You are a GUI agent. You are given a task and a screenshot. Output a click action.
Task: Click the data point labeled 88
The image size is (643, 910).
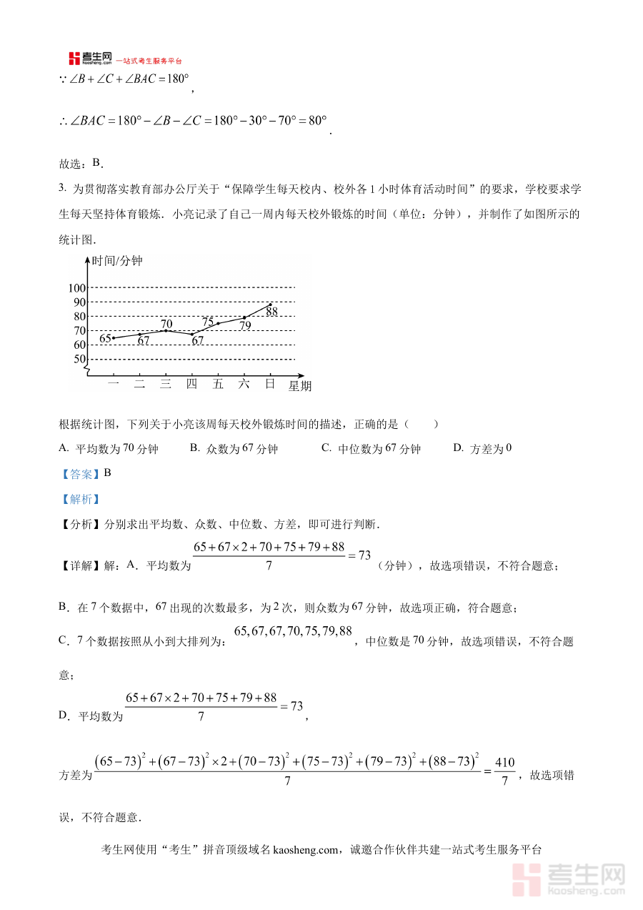coord(270,305)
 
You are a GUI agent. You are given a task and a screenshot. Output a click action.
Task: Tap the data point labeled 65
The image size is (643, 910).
coord(114,337)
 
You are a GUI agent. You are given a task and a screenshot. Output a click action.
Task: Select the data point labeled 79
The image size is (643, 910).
coord(244,317)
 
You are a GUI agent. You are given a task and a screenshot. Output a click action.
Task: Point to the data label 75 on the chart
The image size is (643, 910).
coord(208,322)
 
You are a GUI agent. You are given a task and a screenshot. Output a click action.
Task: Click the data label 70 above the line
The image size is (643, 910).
coord(166,324)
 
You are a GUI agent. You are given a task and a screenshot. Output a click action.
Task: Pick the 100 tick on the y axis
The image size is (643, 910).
coord(76,288)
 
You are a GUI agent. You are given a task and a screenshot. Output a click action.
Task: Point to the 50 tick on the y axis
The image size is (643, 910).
coord(79,359)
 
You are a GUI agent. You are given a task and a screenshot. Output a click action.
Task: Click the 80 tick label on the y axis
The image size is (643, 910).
coord(79,317)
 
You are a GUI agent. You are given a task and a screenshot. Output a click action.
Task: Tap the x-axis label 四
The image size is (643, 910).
coord(191,384)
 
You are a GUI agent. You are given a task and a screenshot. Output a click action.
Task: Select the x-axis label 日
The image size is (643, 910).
coord(270,384)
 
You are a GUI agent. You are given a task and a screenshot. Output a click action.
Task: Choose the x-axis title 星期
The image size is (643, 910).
coord(300,386)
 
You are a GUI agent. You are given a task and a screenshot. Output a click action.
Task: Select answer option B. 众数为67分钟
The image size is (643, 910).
coord(234,449)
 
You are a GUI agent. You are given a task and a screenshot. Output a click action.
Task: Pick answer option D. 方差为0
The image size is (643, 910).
coord(483,448)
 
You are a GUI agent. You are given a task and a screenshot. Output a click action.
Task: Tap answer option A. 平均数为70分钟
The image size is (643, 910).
coord(109,449)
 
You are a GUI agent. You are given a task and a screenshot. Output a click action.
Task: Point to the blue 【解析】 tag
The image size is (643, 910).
coord(79,499)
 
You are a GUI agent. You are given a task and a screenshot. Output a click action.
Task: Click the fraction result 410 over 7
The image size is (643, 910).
coord(504,771)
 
